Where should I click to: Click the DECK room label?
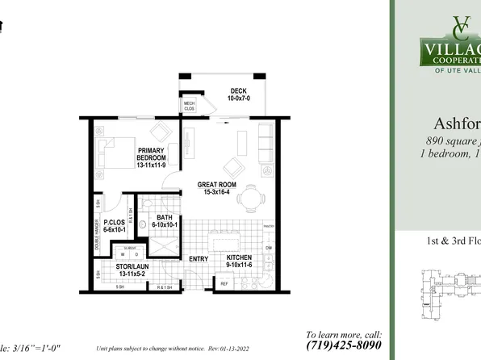(238, 90)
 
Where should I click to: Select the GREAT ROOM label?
(215, 185)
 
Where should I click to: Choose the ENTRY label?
(198, 259)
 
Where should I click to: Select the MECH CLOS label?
(189, 106)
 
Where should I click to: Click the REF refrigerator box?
(224, 283)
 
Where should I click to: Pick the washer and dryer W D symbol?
(117, 253)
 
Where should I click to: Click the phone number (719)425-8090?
(345, 345)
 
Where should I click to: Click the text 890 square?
(449, 141)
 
